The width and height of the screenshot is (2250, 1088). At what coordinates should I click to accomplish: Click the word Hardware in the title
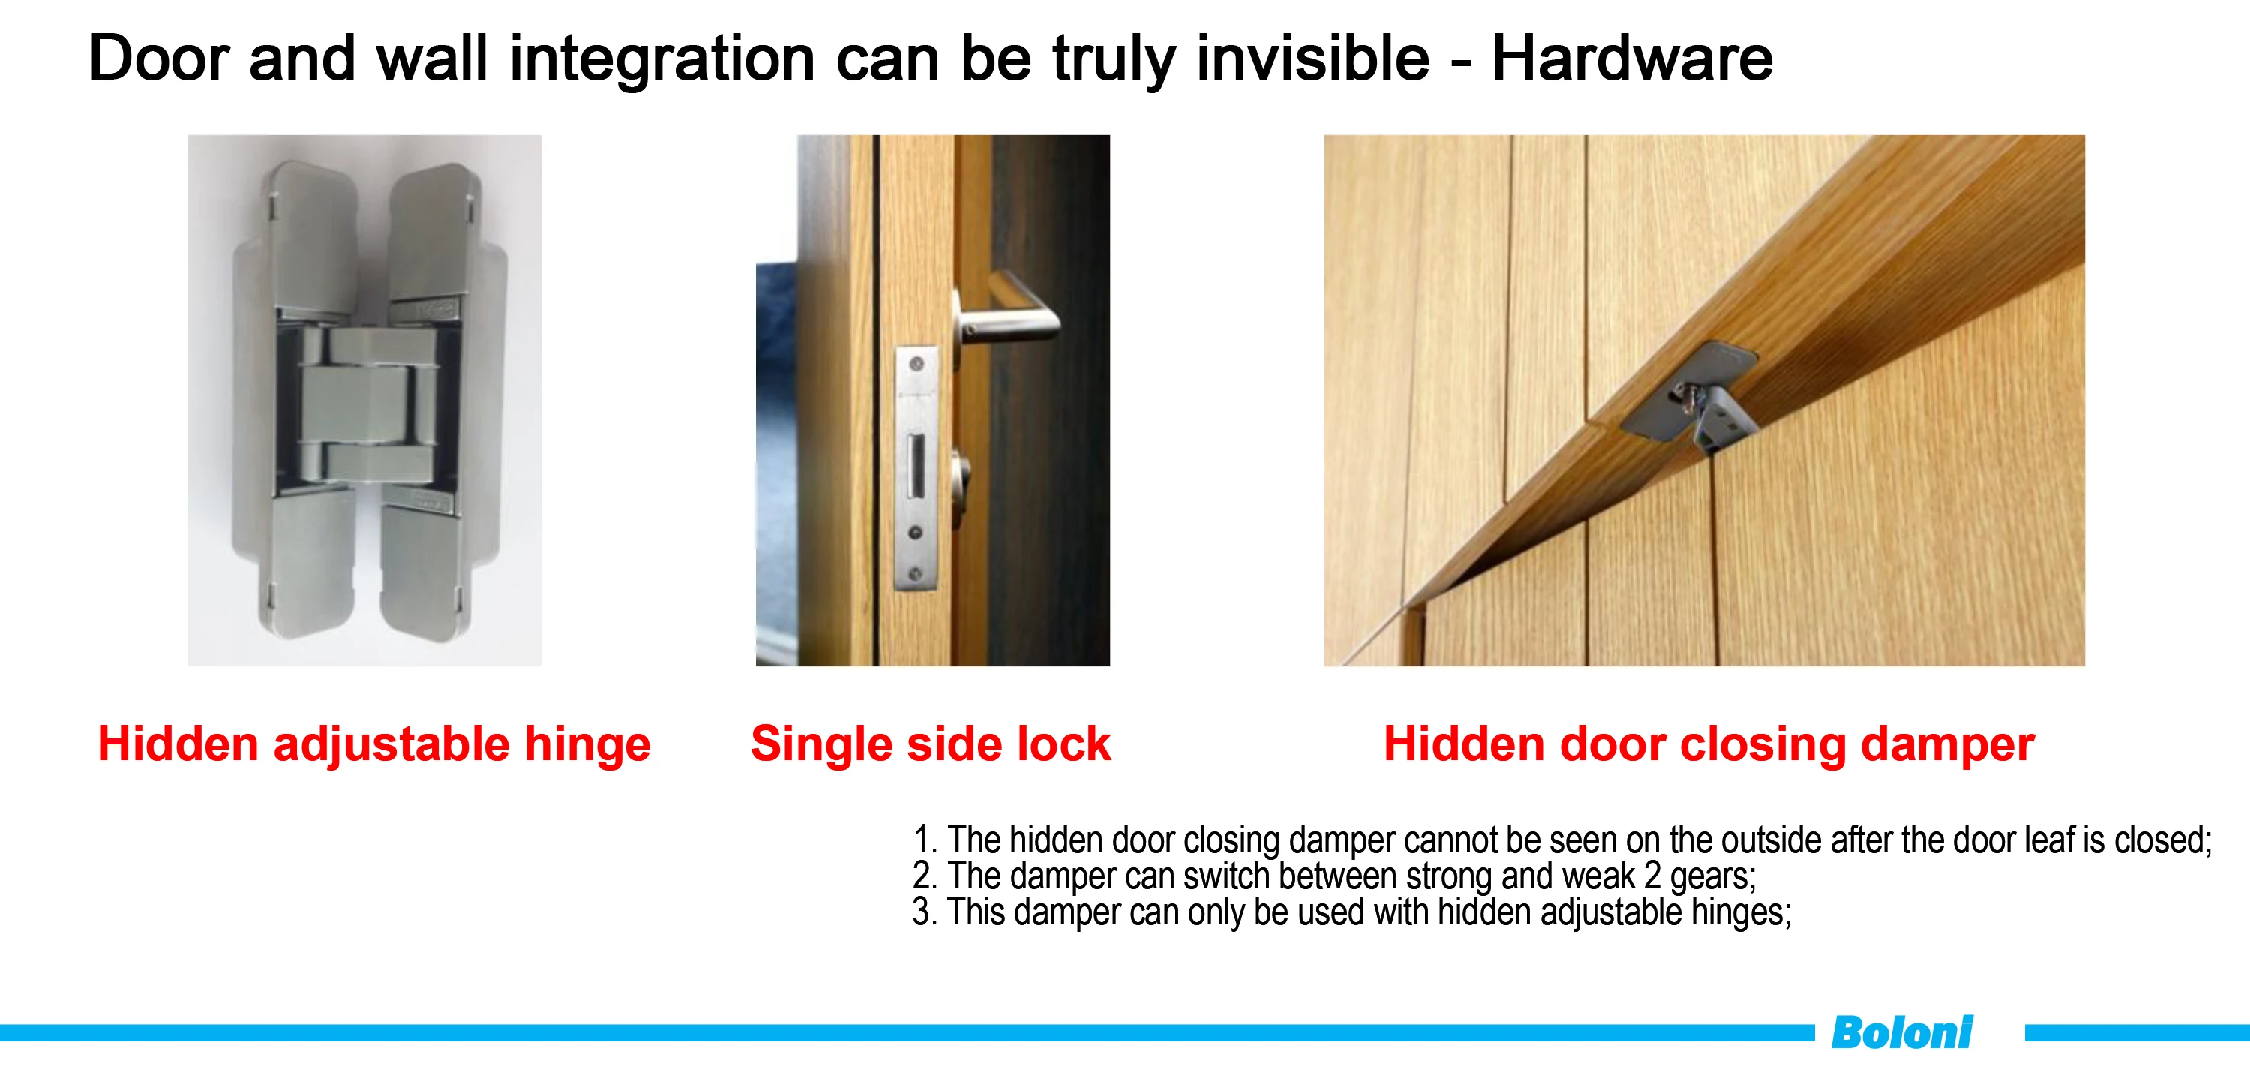coord(1631,59)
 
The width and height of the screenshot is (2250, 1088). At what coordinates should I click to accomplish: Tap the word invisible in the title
coord(1312,59)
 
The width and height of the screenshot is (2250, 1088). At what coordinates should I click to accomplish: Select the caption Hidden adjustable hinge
coord(373,744)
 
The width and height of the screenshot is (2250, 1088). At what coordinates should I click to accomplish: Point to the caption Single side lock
coord(930,744)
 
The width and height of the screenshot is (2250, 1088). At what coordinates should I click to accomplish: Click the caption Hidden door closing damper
coord(1708,744)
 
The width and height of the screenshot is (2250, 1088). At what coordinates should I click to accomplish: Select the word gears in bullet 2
coord(1712,876)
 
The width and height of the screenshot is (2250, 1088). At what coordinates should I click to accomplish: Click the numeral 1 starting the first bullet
coord(922,840)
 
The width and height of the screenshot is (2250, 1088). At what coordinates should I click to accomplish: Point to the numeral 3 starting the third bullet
coord(922,912)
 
